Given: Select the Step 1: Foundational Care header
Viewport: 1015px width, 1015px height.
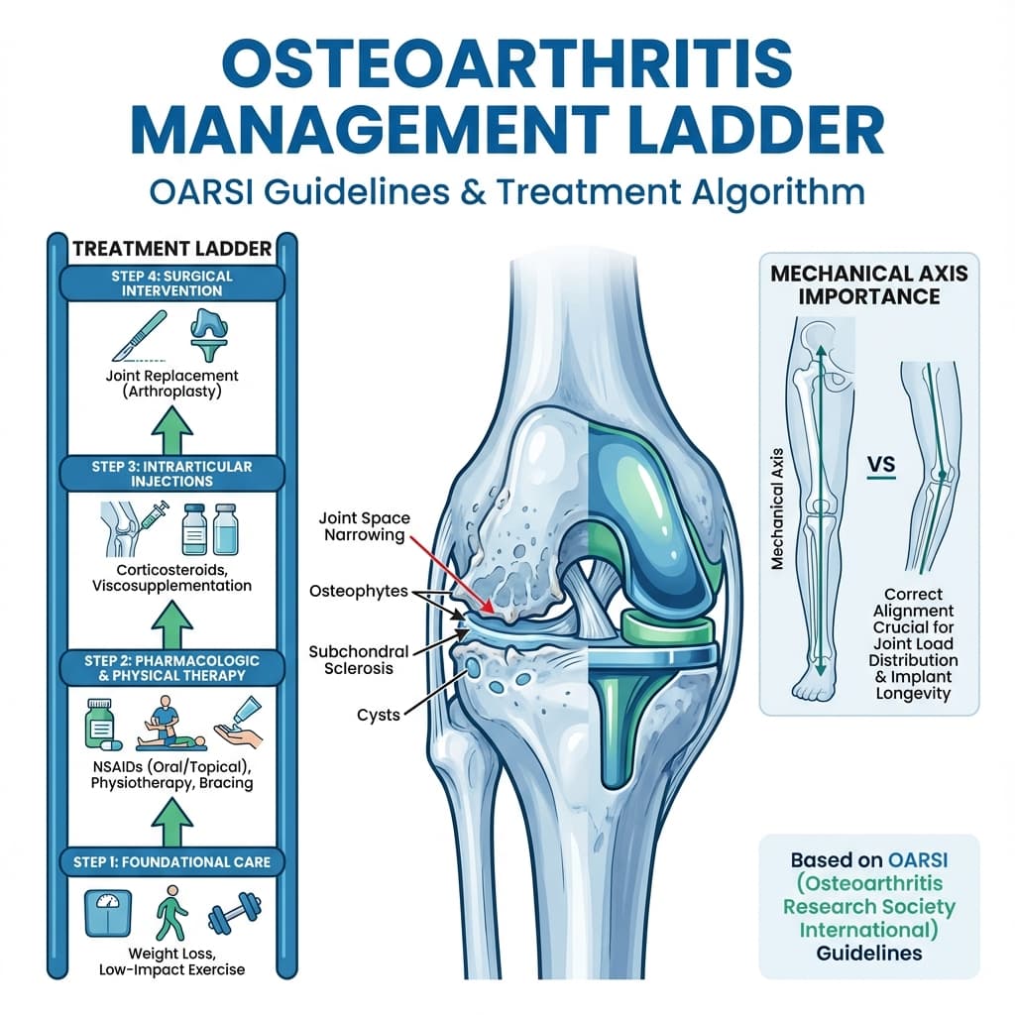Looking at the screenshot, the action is (x=171, y=861).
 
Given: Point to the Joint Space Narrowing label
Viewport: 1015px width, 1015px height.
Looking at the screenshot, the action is (x=362, y=527).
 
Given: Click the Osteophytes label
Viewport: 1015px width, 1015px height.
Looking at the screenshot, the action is (x=358, y=591).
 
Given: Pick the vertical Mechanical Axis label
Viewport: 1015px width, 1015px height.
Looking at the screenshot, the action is (x=778, y=507).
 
